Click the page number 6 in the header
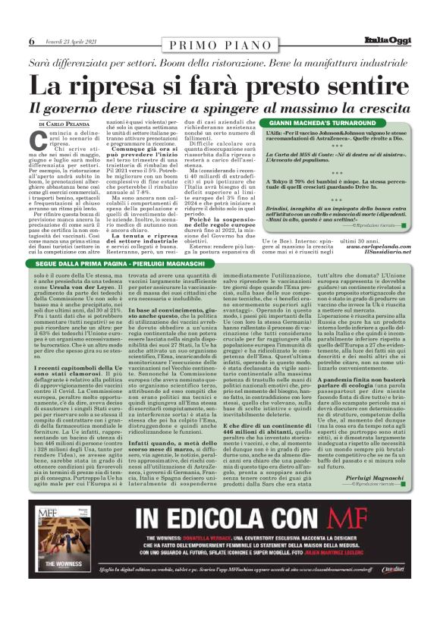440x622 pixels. [x=32, y=41]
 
